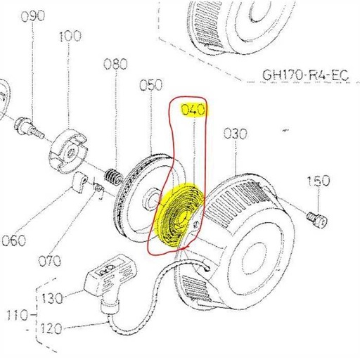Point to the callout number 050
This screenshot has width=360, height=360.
pyautogui.click(x=150, y=85)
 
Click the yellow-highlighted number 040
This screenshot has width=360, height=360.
pyautogui.click(x=193, y=110)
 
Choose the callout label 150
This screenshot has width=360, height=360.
pyautogui.click(x=318, y=181)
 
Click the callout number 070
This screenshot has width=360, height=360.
pyautogui.click(x=49, y=261)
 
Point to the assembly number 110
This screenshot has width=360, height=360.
pyautogui.click(x=12, y=313)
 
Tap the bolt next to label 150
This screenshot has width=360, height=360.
pyautogui.click(x=318, y=219)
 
